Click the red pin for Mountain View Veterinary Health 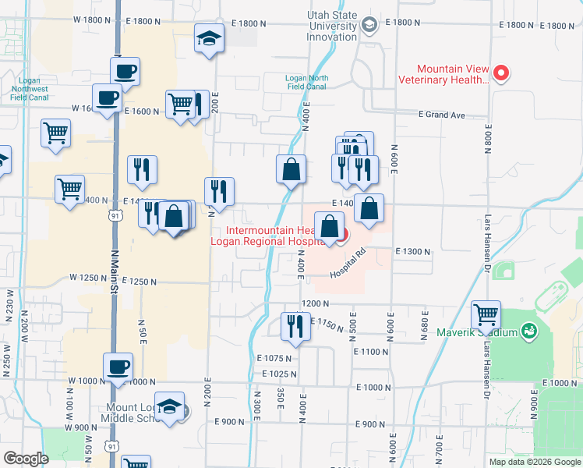pos(502,74)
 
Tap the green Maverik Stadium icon pos(529,332)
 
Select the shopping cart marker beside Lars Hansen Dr pos(486,314)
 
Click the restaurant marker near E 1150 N pos(295,326)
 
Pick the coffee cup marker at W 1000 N pos(118,367)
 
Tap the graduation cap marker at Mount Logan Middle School pos(169,406)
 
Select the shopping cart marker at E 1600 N pos(180,104)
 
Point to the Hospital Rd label pos(348,264)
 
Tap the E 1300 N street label pos(413,252)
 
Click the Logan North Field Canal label pos(306,83)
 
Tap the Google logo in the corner pos(26,459)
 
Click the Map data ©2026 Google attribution pos(534,462)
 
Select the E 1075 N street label pos(274,358)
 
